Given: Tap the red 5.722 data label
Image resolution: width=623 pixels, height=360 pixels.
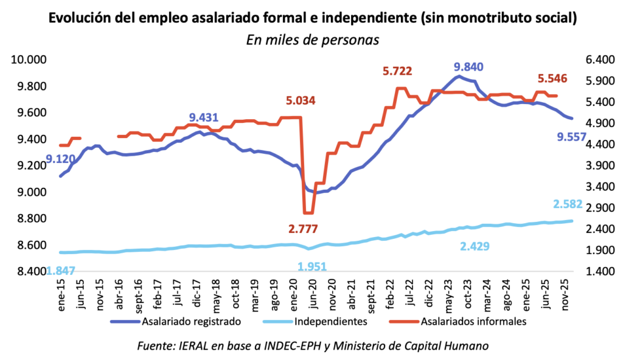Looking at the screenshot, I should tap(397, 71).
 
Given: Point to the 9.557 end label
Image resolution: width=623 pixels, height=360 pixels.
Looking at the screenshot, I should tap(571, 138).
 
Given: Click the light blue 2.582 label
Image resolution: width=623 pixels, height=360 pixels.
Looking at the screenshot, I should tap(568, 204).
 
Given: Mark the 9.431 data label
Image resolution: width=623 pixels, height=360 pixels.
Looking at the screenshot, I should tap(204, 117).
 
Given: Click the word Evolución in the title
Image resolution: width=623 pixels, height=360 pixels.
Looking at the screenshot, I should tap(78, 19).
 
